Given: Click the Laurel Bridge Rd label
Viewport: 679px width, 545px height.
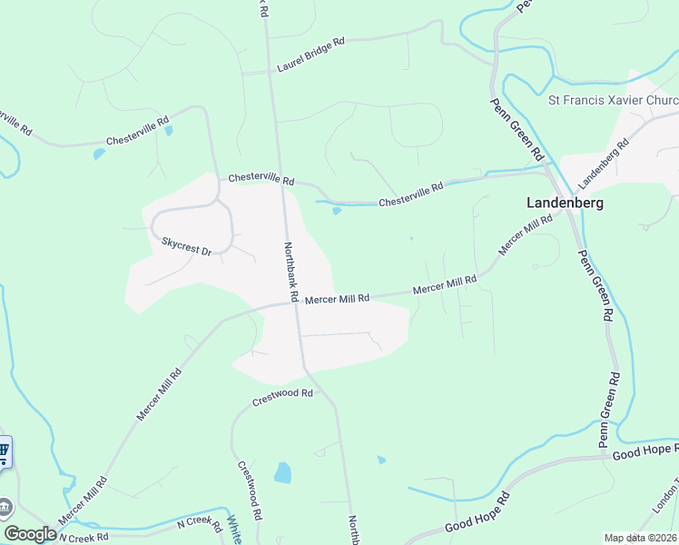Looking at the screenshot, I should (311, 54).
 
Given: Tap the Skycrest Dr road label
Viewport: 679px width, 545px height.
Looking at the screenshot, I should (186, 245).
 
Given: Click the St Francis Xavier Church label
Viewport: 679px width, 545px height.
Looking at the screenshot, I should (613, 99).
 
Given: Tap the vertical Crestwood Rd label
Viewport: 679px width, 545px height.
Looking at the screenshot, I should (251, 489).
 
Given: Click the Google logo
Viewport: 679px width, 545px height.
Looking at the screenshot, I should (30, 534).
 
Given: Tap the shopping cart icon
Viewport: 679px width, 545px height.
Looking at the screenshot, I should (4, 451).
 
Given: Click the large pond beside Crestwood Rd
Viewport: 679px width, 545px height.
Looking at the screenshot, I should (282, 472).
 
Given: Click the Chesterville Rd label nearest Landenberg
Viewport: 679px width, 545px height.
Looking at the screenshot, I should (411, 193).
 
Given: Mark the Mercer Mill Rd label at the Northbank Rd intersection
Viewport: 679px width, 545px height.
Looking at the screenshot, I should (337, 298).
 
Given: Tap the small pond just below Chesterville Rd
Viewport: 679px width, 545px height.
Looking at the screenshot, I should (337, 212).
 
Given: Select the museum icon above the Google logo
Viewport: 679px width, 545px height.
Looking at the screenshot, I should (5, 506).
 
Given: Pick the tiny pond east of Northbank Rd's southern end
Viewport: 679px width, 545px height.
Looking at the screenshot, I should (381, 460).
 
